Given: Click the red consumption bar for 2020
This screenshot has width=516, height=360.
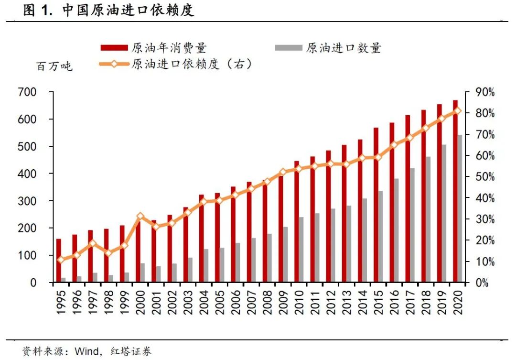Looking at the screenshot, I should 455,191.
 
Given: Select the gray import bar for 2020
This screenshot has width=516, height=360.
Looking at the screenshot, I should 460,209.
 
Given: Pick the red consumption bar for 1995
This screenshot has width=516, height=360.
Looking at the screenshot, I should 59,261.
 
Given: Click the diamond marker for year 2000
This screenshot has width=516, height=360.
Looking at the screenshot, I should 140,217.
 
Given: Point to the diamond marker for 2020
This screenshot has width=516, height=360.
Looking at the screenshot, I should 458,111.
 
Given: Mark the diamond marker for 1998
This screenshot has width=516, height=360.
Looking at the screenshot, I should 108,253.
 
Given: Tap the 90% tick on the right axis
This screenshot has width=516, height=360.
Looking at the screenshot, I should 484,92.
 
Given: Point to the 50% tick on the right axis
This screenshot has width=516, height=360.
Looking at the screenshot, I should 484,177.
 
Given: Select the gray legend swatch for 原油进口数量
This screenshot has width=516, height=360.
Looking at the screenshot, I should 289,48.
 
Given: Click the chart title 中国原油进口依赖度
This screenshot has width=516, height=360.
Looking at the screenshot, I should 128,11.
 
